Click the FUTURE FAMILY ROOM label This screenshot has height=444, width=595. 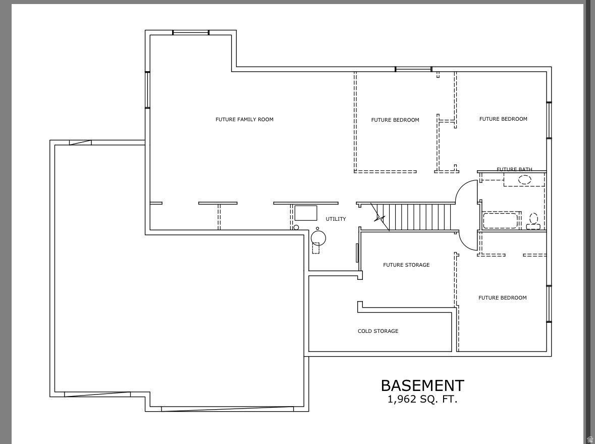pyautogui.click(x=244, y=120)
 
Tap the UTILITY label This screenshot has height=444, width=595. pyautogui.click(x=336, y=219)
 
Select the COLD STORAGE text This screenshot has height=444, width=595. pyautogui.click(x=378, y=331)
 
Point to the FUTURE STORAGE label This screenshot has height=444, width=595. pyautogui.click(x=406, y=265)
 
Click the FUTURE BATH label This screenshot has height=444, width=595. pyautogui.click(x=514, y=170)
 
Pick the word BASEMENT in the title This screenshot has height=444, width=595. pyautogui.click(x=422, y=386)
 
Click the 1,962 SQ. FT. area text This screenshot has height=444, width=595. pyautogui.click(x=422, y=400)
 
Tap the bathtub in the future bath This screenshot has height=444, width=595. pyautogui.click(x=500, y=221)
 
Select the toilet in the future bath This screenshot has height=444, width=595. pyautogui.click(x=533, y=220)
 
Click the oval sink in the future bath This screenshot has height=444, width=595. pyautogui.click(x=525, y=179)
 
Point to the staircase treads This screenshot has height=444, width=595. pyautogui.click(x=419, y=217)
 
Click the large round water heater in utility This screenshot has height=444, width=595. pyautogui.click(x=318, y=237)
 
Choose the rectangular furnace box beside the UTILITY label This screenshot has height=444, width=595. pyautogui.click(x=306, y=213)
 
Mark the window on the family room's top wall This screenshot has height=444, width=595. pyautogui.click(x=191, y=33)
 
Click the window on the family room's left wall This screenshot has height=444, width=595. pyautogui.click(x=148, y=90)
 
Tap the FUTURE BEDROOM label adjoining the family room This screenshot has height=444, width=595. pyautogui.click(x=395, y=120)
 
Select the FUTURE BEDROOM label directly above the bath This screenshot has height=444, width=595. pyautogui.click(x=503, y=119)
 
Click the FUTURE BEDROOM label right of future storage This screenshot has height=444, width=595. pyautogui.click(x=502, y=298)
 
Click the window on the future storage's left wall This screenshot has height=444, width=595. pyautogui.click(x=357, y=253)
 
